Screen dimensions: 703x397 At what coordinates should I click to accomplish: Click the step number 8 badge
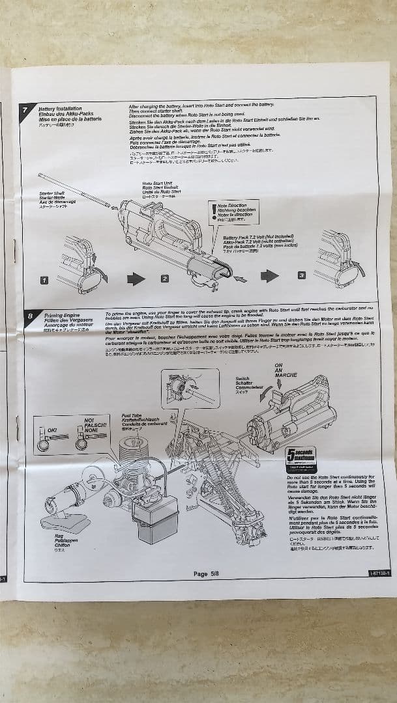click(x=30, y=316)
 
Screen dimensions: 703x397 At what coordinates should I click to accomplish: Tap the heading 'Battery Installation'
click(x=60, y=109)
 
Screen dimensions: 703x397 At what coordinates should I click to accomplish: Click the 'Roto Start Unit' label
click(x=158, y=184)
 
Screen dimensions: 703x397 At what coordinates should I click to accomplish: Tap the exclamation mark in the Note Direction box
click(x=213, y=210)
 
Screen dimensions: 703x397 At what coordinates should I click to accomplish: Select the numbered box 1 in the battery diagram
click(x=44, y=280)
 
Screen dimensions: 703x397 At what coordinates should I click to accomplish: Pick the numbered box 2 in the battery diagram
click(x=165, y=279)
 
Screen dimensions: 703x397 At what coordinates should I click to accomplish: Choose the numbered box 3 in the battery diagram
click(x=301, y=275)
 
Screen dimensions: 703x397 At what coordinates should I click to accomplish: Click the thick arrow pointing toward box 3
click(x=269, y=276)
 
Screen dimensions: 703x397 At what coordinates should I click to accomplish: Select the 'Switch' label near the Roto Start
click(x=243, y=378)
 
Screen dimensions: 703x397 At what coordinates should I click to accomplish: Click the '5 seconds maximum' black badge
click(x=301, y=455)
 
